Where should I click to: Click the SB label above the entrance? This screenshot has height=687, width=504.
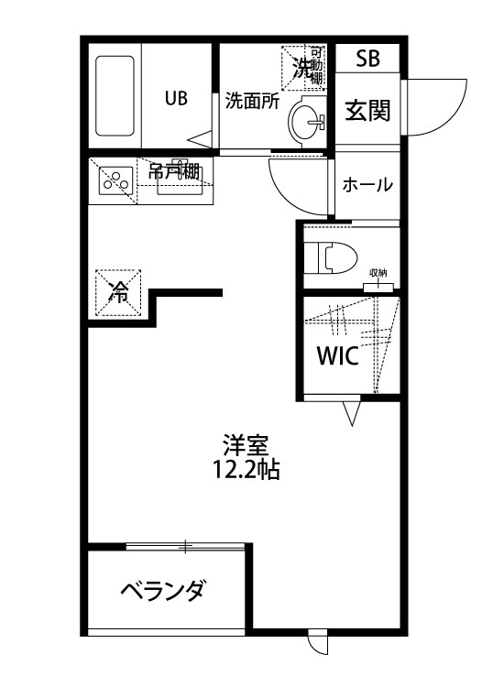tap(367, 60)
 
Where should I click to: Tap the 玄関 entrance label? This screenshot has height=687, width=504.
tap(367, 110)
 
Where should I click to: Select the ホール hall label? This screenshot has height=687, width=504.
tap(367, 184)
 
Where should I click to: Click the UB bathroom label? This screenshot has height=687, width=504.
tap(176, 98)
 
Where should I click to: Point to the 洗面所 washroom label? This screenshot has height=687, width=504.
tap(252, 101)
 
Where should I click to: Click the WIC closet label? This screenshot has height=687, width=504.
tap(338, 355)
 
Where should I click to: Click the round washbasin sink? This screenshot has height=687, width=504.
tap(307, 120)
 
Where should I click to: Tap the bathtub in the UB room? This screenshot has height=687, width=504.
tap(116, 97)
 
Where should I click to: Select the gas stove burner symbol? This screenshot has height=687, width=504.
tap(114, 180)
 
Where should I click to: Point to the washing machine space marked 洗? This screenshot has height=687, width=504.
tap(302, 66)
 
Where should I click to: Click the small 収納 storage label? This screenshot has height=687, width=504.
tap(378, 274)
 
